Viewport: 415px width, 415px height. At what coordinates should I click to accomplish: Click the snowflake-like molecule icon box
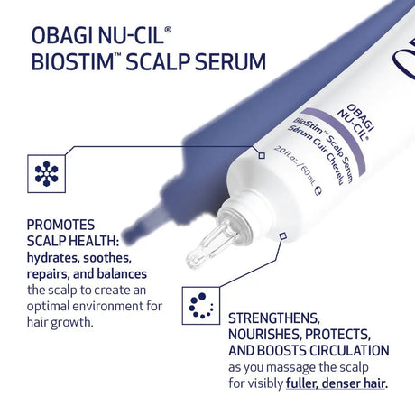click(46, 172)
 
